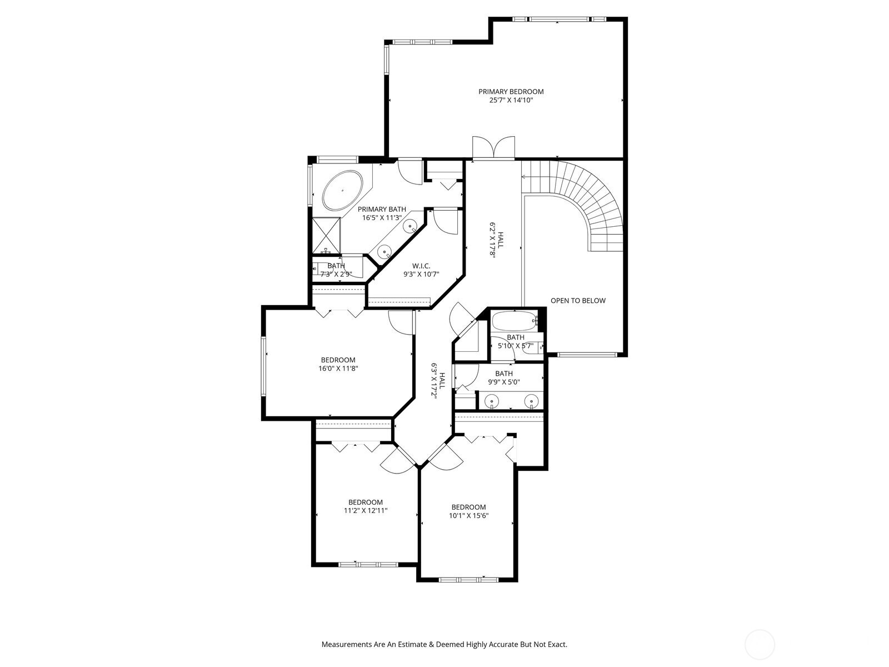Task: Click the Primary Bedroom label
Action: point(511,92)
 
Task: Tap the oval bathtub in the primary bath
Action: point(342,191)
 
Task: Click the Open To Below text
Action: point(578,301)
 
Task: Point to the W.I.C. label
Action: point(421,266)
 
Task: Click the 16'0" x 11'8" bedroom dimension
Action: point(338,368)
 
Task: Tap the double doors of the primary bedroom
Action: point(494,148)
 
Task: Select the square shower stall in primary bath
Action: point(326,235)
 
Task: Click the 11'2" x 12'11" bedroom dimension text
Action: point(365,510)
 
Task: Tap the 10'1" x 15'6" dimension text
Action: point(468,515)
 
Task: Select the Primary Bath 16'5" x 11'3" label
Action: point(381,213)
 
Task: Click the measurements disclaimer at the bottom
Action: point(444,645)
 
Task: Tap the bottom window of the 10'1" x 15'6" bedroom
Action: point(468,580)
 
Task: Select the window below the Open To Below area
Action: point(587,355)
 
